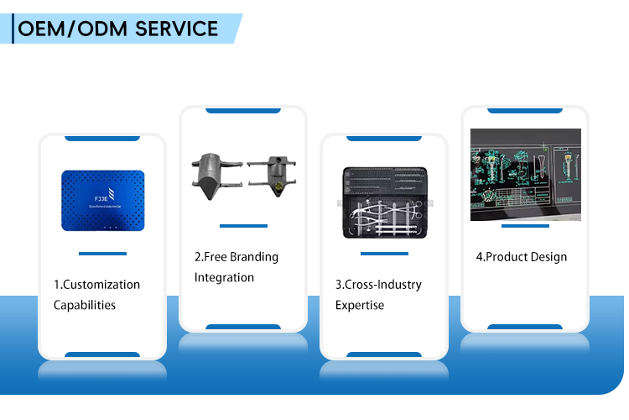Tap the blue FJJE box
pos(102,201)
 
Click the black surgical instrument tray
pos(385,202)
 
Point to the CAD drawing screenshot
pos(525,175)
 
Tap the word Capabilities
pos(85,305)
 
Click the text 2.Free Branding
pos(237,257)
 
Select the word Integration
pos(224,277)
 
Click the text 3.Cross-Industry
pos(378,285)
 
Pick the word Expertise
pos(360,305)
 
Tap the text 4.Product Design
pos(522,257)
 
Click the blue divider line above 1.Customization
pos(102,254)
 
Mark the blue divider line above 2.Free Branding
pos(243,226)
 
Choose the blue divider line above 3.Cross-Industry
pos(384,254)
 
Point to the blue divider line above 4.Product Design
pos(525,226)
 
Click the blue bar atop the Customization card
pos(102,138)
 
